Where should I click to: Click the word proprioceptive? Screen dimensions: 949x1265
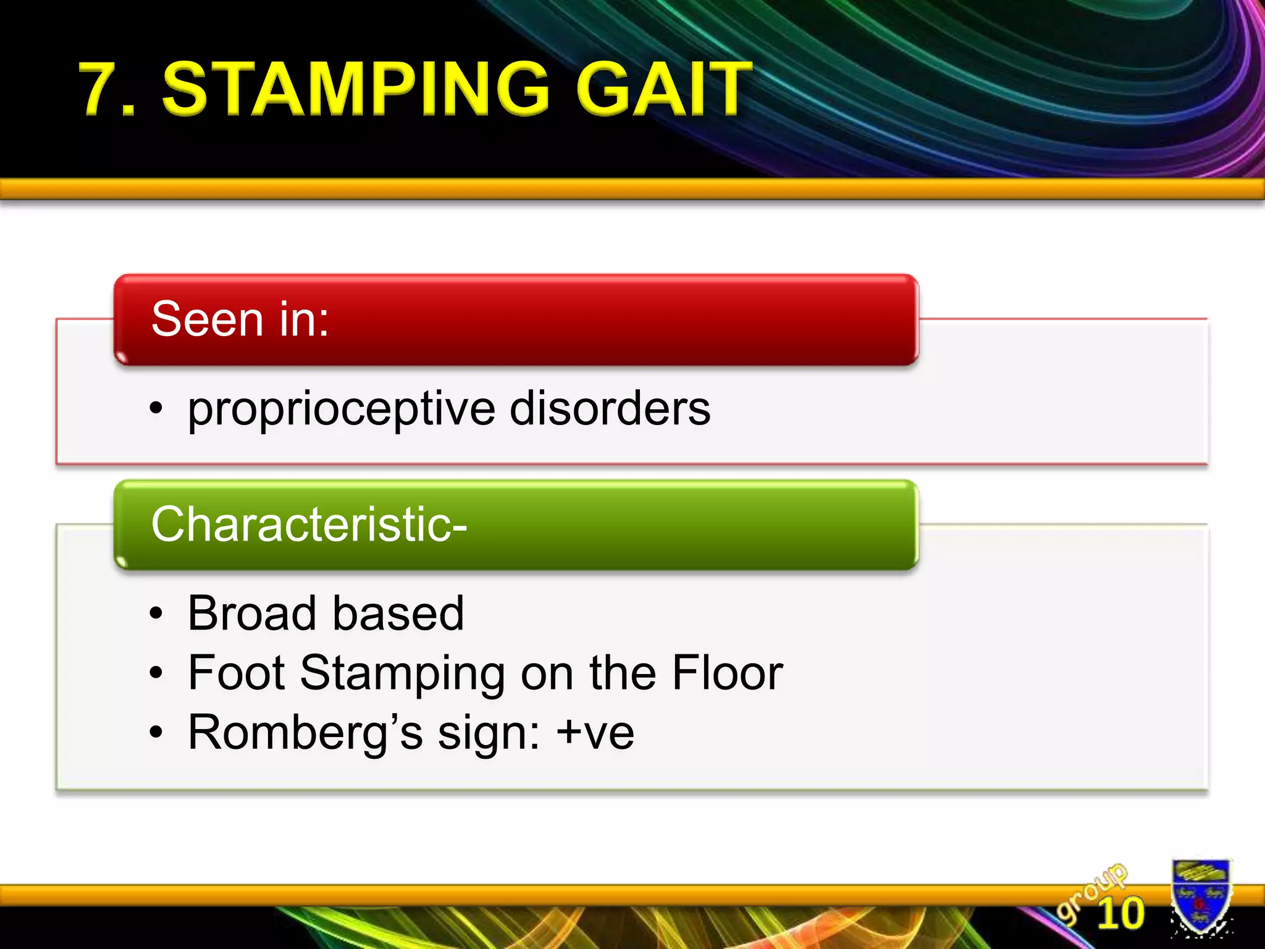342,410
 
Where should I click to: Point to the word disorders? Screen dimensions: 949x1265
610,408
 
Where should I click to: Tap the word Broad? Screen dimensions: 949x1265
253,613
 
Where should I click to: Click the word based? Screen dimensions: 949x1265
398,613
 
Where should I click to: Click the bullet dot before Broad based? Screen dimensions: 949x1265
156,614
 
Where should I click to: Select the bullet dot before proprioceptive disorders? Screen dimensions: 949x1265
156,409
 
